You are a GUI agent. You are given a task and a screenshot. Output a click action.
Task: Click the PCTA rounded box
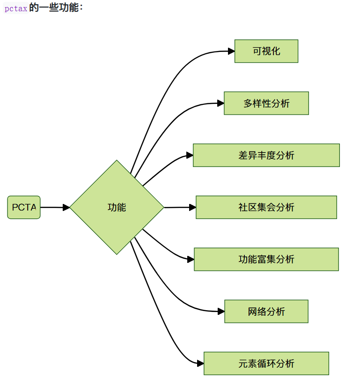[24, 207]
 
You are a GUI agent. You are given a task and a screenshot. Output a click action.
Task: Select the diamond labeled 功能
[117, 207]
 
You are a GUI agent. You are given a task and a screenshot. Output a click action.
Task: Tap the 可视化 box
[266, 51]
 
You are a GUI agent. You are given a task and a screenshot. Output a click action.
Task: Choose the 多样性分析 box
[266, 103]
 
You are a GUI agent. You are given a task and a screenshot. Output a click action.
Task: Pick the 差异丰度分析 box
[266, 155]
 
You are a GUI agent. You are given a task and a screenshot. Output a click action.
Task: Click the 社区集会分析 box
[266, 207]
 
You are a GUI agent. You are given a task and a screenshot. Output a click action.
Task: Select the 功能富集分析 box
[266, 259]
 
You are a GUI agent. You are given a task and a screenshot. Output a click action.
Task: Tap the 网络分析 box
[266, 312]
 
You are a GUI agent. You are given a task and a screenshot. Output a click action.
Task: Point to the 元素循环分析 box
[266, 363]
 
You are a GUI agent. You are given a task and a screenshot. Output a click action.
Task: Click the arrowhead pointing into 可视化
[231, 51]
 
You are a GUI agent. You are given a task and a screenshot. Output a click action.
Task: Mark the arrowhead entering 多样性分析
[220, 103]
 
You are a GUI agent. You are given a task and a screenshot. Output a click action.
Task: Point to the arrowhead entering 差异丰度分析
[190, 155]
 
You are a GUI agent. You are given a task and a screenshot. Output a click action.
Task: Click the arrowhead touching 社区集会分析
[192, 207]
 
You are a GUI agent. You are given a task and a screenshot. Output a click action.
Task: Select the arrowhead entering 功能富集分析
[191, 259]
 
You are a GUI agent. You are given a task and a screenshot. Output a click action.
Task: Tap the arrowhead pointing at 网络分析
[221, 312]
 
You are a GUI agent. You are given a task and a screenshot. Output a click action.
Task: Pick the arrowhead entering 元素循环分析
[200, 363]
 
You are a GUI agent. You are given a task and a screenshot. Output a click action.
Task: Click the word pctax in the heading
[15, 8]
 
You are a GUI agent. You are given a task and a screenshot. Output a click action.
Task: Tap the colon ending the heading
[81, 8]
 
